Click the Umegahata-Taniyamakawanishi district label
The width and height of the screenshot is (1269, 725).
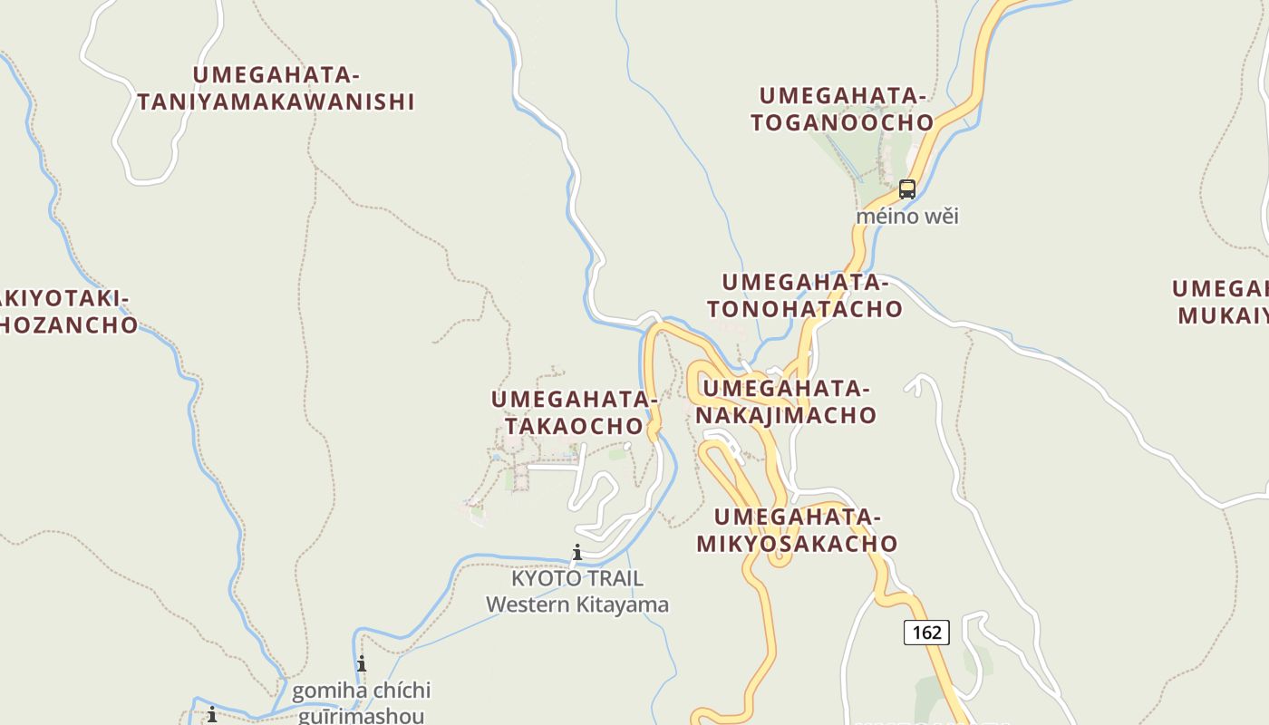(276, 88)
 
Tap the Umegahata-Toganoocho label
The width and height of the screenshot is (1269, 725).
(842, 109)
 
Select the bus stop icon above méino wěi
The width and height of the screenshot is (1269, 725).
(906, 189)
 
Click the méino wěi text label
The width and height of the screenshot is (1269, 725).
(907, 217)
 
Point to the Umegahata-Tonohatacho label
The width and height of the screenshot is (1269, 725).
(805, 295)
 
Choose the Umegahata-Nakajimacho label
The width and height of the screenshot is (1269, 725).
(786, 401)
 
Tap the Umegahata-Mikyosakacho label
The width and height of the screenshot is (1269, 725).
(797, 530)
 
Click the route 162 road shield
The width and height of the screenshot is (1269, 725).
(926, 632)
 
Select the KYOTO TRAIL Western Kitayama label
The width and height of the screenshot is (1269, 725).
(577, 591)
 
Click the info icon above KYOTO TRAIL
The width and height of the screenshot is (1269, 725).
(576, 552)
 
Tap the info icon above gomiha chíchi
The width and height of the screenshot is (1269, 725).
(362, 663)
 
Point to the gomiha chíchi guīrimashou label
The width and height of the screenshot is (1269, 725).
(361, 702)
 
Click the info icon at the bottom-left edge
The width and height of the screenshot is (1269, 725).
(212, 715)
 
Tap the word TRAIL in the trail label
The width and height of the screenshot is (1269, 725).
(614, 578)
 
